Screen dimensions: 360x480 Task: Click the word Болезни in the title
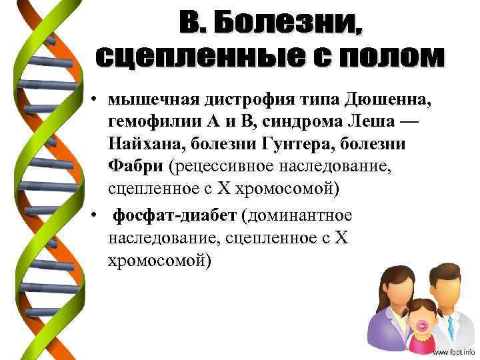[x=291, y=25]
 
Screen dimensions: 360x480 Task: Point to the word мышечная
[x=153, y=100]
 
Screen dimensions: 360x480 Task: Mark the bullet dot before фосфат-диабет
[x=95, y=216]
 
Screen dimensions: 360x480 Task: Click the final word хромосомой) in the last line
[x=159, y=260]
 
